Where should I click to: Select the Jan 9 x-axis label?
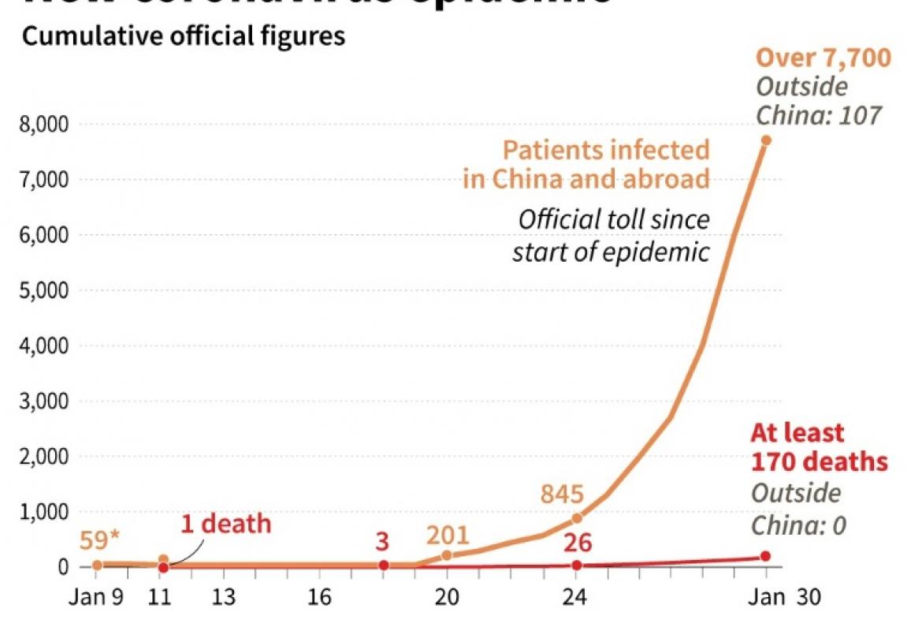96,599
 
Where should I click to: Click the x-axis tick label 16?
318,599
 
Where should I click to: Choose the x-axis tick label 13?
224,599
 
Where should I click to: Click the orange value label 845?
562,495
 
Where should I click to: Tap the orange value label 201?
447,536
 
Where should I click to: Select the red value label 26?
577,543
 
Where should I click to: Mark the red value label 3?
384,543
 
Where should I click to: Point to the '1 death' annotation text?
226,524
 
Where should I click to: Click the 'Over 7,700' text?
823,58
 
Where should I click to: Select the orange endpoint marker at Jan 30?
765,140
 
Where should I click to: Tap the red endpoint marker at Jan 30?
765,557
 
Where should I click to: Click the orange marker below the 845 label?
577,518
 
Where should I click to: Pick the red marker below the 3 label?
384,566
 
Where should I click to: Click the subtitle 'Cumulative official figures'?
184,36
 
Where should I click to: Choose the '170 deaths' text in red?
820,461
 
